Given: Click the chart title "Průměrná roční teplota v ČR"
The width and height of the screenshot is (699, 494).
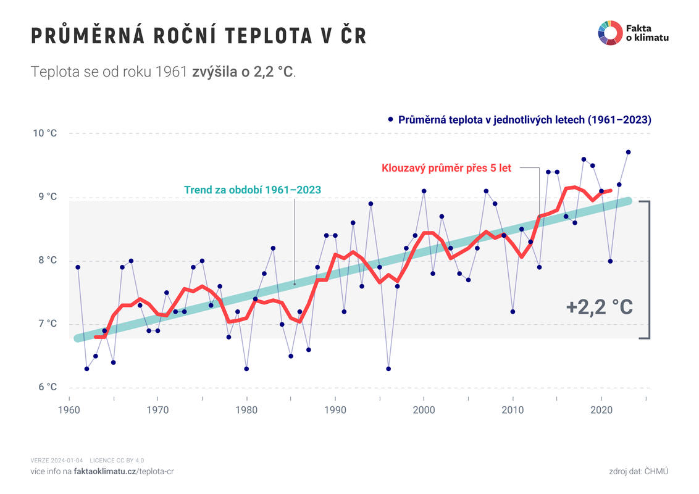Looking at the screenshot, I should point(199,36).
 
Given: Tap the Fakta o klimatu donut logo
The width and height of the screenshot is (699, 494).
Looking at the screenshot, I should point(609,33).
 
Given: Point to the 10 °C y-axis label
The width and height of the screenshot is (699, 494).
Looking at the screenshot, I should point(45,133).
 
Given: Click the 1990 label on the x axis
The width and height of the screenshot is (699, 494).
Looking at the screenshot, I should point(335,409).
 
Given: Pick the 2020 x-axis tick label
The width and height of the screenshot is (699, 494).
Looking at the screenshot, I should point(601,409).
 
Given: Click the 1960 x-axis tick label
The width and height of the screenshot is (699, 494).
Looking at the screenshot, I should point(69,409).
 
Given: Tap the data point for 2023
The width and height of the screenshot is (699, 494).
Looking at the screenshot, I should point(628,152).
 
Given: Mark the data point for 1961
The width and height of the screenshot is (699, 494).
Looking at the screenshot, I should point(78,267).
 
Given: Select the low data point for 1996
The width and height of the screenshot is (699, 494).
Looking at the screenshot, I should point(388,369).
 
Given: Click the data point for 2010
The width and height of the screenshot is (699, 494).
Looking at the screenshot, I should point(513,312).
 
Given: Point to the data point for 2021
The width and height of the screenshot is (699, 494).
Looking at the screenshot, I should point(610,261).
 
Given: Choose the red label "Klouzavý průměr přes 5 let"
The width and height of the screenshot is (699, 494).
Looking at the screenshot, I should point(446,168).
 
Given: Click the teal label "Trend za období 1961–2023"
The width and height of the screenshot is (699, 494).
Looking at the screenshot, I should point(253,190).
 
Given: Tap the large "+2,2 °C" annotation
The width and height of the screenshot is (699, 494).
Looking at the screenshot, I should point(599,307).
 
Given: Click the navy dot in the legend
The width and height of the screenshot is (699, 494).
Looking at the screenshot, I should point(390,119).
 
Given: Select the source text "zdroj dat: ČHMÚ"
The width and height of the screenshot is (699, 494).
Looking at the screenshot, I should point(638,471).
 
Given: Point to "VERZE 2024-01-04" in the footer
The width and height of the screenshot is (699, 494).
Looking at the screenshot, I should point(57,460).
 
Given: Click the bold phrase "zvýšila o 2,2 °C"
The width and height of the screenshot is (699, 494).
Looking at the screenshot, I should point(243,72).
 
